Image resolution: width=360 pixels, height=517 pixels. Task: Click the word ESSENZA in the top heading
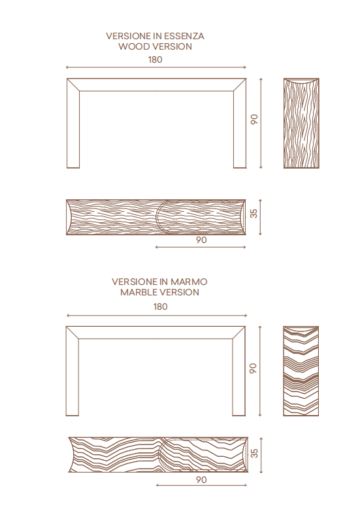184,36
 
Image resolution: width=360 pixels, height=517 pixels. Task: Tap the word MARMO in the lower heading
189,282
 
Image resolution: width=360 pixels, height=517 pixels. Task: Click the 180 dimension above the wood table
155,59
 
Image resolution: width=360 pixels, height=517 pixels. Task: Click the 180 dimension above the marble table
161,307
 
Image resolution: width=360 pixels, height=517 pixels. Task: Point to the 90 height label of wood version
254,119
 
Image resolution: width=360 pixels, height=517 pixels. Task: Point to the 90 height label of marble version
253,368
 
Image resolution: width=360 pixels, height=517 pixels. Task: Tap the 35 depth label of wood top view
254,213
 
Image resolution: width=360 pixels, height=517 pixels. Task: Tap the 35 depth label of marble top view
254,453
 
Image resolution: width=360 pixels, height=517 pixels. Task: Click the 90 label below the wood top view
201,240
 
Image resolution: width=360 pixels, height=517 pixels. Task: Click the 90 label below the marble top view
201,480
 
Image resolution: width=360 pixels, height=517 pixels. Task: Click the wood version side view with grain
301,123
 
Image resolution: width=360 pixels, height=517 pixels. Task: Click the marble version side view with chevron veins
301,371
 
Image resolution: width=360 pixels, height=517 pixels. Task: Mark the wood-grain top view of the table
156,217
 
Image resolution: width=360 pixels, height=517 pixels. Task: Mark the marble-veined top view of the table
158,455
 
